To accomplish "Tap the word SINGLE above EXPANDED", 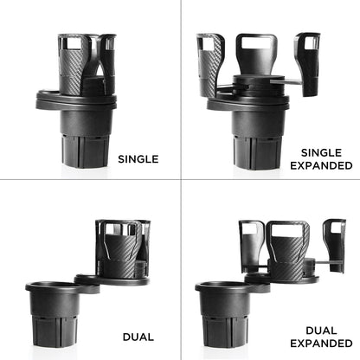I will pos(320,149).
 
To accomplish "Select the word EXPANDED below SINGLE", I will pos(320,164).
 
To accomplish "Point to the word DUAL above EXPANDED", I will pos(320,330).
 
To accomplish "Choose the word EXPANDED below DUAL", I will pos(320,345).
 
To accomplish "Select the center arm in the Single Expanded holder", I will pos(257,55).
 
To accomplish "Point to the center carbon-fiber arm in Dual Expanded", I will pos(287,247).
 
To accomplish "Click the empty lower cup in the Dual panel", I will pos(60,316).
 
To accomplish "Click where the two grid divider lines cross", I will pos(181,180).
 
